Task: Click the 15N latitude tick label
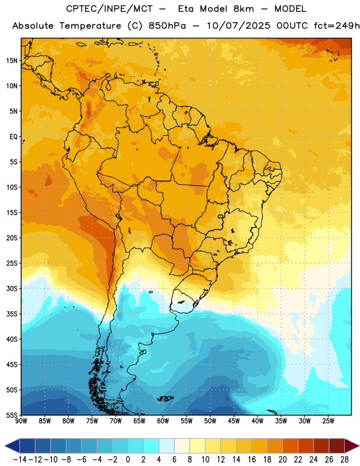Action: pos(12,61)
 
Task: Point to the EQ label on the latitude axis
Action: pos(13,137)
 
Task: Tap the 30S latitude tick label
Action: pos(12,288)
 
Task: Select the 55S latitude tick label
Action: pos(12,415)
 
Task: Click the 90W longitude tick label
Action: pos(21,421)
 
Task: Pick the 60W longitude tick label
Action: pos(163,421)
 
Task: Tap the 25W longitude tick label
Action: pos(328,421)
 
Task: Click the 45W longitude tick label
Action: pos(234,421)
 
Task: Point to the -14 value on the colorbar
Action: pos(20,460)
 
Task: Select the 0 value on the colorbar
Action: pos(128,460)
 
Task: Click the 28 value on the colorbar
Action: pos(344,460)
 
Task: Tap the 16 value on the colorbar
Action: pos(252,460)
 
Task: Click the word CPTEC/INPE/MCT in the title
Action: pos(109,9)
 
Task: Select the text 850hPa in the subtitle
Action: pos(167,26)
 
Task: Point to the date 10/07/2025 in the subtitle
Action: pos(238,26)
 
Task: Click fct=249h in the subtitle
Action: pos(337,26)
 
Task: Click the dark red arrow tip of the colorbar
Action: pos(352,446)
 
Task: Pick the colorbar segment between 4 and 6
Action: pos(167,446)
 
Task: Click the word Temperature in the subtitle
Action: pos(90,26)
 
